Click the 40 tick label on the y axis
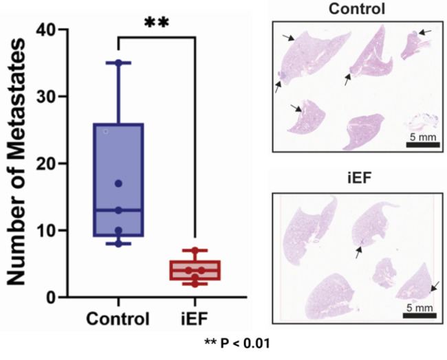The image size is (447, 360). coord(47,30)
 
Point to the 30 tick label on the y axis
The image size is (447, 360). coord(47,96)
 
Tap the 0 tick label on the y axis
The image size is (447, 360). coord(52,297)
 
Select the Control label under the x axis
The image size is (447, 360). coord(118,319)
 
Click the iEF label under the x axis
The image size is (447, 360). coord(195,319)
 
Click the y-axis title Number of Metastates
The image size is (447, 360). coord(16,161)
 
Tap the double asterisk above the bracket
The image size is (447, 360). coord(157,23)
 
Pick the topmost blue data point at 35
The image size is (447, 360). coord(118,63)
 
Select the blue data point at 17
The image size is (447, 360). coord(118,183)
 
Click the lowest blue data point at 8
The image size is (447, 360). coord(118,244)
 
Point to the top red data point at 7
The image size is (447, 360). coord(195,250)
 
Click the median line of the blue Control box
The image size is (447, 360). coord(118,210)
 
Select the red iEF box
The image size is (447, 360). coord(195,270)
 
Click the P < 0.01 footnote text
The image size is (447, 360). coord(237,344)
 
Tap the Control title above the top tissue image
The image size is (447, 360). coord(357,8)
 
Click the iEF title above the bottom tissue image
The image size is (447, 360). coord(359,179)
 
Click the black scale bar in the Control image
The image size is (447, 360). coord(423,145)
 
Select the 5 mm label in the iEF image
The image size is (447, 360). coord(419,308)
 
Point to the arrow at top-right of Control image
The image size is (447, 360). coord(425,32)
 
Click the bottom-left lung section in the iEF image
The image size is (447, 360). coord(330,296)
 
